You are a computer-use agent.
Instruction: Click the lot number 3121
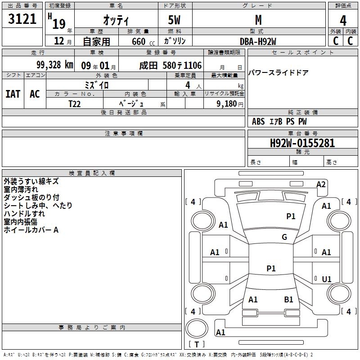[x=22, y=19]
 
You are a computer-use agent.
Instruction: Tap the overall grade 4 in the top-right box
[x=343, y=21]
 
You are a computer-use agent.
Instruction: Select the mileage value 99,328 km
[x=55, y=65]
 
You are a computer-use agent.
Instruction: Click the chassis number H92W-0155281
[x=302, y=143]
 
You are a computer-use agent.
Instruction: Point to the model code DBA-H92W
[x=258, y=41]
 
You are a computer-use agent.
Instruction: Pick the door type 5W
[x=174, y=20]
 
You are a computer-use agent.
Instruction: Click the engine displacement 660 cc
[x=143, y=42]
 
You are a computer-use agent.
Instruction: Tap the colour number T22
[x=75, y=104]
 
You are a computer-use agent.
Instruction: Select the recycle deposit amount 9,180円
[x=230, y=104]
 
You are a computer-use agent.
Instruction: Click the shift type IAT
[x=13, y=94]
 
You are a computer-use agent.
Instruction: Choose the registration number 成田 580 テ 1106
[x=171, y=66]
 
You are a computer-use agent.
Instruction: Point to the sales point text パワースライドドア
[x=278, y=73]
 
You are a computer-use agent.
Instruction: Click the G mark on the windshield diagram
[x=284, y=237]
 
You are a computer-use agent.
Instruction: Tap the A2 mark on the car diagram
[x=321, y=184]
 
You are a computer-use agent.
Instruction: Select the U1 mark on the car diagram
[x=327, y=279]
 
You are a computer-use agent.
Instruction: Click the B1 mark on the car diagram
[x=288, y=300]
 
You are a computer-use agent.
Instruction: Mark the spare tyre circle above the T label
[x=197, y=328]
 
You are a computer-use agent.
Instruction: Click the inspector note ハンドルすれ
[x=24, y=214]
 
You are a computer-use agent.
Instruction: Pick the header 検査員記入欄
[x=92, y=173]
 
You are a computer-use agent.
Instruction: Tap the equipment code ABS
[x=258, y=121]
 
